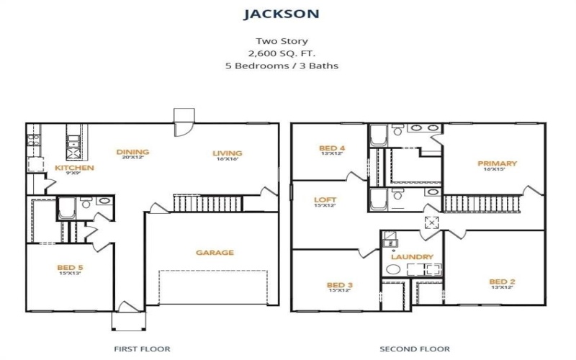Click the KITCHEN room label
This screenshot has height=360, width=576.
click(74, 168)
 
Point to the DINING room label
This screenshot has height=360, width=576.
click(132, 152)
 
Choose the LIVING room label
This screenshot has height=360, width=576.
click(227, 153)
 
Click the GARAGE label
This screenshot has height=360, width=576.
click(215, 253)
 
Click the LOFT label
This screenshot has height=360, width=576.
click(325, 199)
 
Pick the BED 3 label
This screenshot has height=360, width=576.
click(339, 284)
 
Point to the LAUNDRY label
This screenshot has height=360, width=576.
click(412, 257)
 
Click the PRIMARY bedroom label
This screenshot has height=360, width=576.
click(497, 163)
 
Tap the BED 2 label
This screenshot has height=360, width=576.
click(502, 282)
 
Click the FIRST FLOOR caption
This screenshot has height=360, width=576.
click(142, 348)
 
